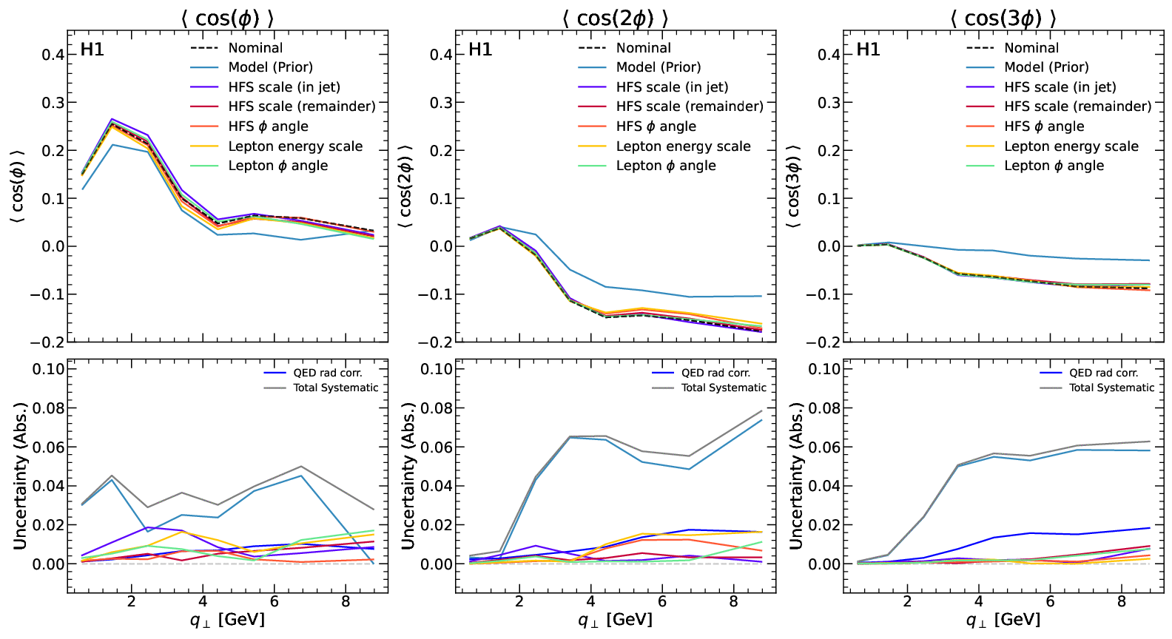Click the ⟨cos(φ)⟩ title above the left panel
[x=227, y=18]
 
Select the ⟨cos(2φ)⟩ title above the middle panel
[x=615, y=18]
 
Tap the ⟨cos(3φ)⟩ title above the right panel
[x=1003, y=18]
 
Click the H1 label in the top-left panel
[x=92, y=50]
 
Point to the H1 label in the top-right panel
[x=869, y=50]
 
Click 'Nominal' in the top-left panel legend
[x=255, y=48]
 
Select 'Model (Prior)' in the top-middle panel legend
[x=659, y=67]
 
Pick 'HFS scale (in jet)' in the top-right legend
[x=1060, y=87]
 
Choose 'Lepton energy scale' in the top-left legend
[x=295, y=146]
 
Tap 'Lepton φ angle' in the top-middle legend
[x=666, y=166]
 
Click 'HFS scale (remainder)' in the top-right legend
[x=1077, y=106]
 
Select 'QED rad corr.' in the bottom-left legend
[x=327, y=373]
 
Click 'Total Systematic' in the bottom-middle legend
[x=724, y=388]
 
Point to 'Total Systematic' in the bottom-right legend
[x=1111, y=388]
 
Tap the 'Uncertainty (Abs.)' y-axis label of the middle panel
[x=408, y=476]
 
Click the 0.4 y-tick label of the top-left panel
[x=53, y=55]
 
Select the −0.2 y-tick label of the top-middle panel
[x=436, y=342]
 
